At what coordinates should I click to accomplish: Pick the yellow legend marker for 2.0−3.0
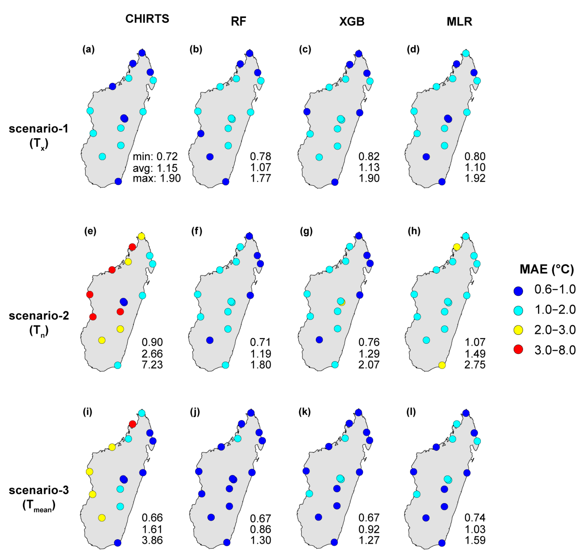pyautogui.click(x=518, y=330)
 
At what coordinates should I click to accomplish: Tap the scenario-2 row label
pyautogui.click(x=39, y=316)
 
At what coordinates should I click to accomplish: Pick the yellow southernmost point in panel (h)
pyautogui.click(x=442, y=365)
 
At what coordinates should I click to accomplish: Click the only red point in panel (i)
pyautogui.click(x=133, y=424)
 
